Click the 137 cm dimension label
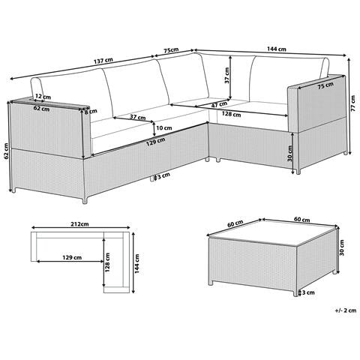[x=103, y=61]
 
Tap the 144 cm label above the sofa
[x=277, y=49]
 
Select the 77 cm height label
[x=352, y=103]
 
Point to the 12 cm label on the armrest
[x=43, y=96]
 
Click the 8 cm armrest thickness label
[x=91, y=112]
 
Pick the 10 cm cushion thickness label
[x=163, y=127]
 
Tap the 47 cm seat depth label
[x=219, y=104]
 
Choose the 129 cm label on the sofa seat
[x=156, y=142]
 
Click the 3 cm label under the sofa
[x=163, y=175]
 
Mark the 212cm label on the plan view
[x=80, y=224]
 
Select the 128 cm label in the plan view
[x=107, y=262]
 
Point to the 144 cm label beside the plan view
[x=137, y=263]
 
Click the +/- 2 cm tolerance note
[x=346, y=310]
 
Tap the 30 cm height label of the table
[x=342, y=247]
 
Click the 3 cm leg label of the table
[x=308, y=292]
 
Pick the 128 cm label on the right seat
[x=232, y=114]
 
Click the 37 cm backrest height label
[x=226, y=76]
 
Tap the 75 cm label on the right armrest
[x=325, y=85]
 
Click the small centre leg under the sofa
[x=152, y=178]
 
